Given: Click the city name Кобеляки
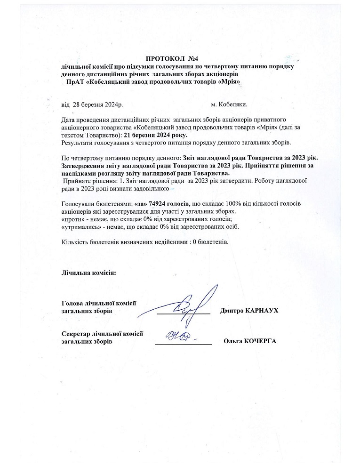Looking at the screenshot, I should [232, 104].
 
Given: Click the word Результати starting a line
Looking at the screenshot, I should [79, 142].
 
